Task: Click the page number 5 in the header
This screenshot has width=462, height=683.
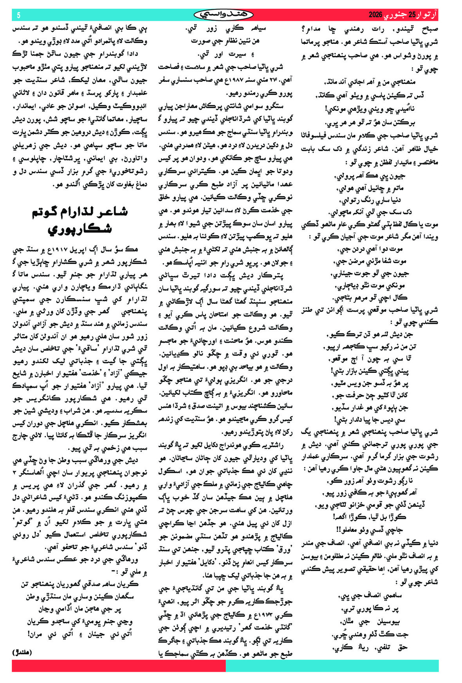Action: [x=18, y=15]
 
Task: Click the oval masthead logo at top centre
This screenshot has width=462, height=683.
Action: [x=224, y=15]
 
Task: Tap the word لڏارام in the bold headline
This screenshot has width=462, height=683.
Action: [x=76, y=212]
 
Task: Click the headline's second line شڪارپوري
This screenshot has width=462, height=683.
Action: [x=80, y=229]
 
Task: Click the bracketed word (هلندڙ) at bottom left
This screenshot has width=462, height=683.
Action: [x=22, y=652]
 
